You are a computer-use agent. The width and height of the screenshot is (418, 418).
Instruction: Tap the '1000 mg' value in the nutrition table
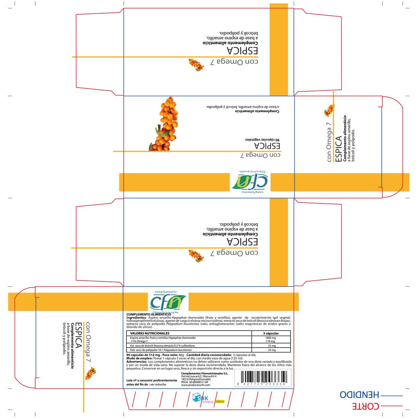point(270,338)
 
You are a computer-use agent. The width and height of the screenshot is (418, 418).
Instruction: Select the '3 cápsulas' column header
point(271,333)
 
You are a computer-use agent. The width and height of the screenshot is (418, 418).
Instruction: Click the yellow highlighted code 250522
point(220,401)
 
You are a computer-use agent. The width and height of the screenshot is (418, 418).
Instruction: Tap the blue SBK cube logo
point(196,398)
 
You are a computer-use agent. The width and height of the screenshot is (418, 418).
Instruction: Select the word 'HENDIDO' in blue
point(359,395)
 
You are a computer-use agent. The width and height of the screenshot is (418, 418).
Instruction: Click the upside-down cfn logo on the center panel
point(250,181)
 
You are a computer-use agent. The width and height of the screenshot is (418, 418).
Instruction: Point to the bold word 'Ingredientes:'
point(136,318)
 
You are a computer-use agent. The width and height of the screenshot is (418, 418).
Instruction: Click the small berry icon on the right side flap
point(329,109)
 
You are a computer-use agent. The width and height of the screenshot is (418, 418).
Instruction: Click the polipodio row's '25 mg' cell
point(271,350)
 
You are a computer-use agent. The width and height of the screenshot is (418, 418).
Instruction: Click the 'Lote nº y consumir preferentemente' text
point(152,380)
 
